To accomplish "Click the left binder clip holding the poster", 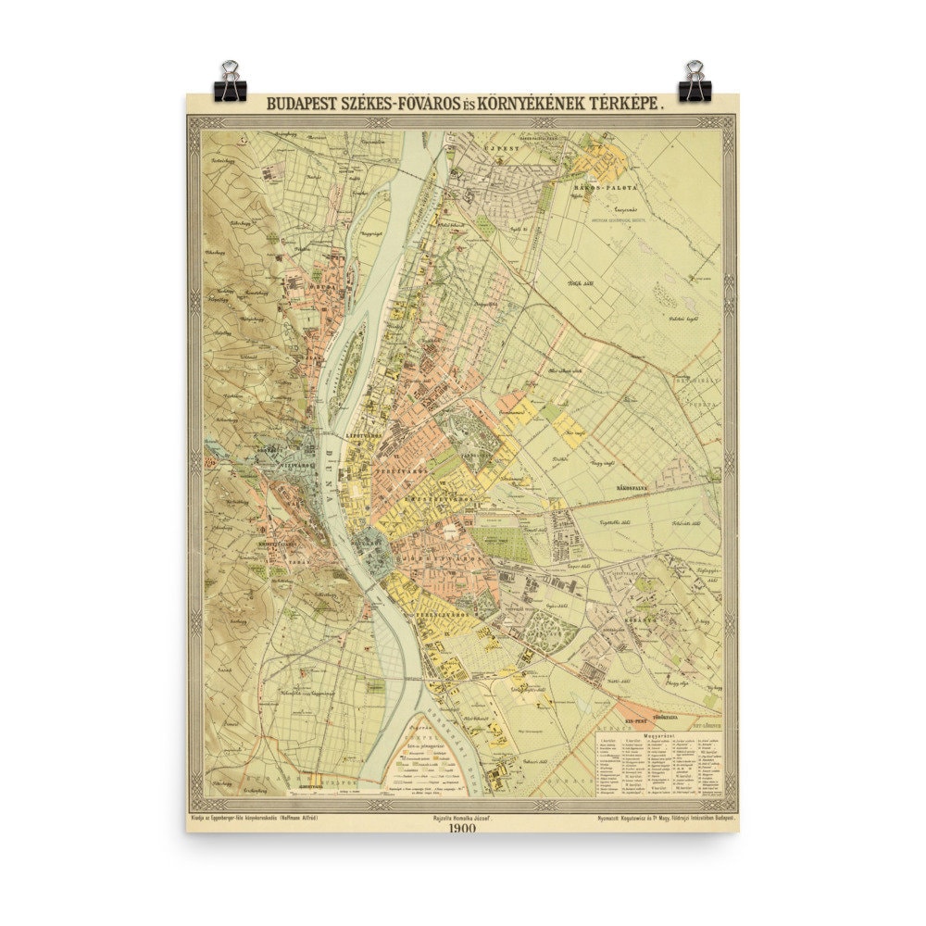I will point(229,81).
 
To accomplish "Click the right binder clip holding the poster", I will point(694,81).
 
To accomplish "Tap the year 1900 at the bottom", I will point(462,828).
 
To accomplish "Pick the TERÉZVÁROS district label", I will point(401,470).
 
